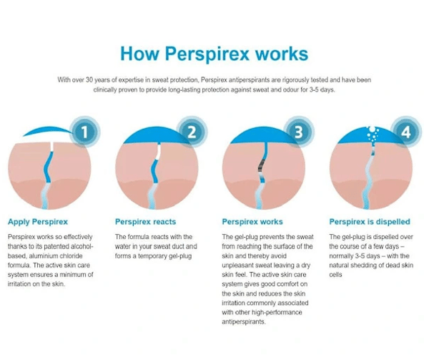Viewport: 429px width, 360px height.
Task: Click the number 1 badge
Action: point(84,132)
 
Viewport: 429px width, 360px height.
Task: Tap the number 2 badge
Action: point(192,132)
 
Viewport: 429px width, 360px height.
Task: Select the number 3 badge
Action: point(298,132)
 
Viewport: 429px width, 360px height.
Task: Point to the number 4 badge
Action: point(405,132)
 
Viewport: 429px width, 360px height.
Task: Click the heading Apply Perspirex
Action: point(38,222)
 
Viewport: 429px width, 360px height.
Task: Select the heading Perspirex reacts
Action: point(145,222)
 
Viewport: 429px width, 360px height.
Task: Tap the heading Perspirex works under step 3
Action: point(252,222)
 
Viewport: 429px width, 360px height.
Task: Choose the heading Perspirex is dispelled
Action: point(370,222)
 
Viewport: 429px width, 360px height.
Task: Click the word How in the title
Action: point(139,54)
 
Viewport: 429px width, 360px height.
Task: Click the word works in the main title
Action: point(282,54)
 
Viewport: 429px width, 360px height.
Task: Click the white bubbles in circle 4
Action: point(373,134)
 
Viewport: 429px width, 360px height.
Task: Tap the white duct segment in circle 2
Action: point(159,152)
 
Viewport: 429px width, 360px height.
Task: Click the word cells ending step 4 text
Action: point(335,275)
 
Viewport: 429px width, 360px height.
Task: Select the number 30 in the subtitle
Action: point(89,80)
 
